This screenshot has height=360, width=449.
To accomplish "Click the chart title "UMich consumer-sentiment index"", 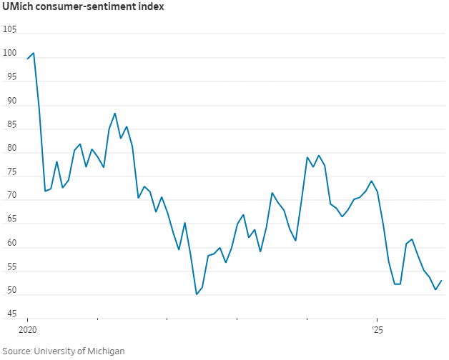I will click(83, 8).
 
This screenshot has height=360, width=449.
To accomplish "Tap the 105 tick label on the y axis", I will click(10, 29).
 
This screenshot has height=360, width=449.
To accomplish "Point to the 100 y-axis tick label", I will click(10, 54).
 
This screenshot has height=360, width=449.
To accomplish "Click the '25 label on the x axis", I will click(377, 331).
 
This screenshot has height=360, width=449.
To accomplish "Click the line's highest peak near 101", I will click(34, 53).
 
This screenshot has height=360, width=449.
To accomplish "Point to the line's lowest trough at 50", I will click(197, 294).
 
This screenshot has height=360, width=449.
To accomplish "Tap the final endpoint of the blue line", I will click(441, 281).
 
